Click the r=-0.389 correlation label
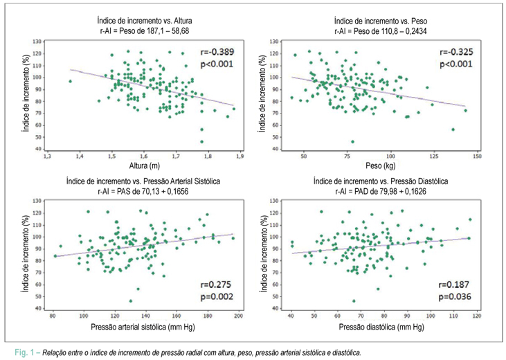pyautogui.click(x=217, y=52)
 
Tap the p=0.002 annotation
pyautogui.click(x=217, y=296)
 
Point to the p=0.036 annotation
pyautogui.click(x=455, y=296)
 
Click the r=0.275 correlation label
pyautogui.click(x=216, y=285)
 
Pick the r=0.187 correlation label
pyautogui.click(x=453, y=285)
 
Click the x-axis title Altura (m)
pyautogui.click(x=145, y=165)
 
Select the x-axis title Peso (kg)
pyautogui.click(x=381, y=165)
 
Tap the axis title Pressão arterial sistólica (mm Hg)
pyautogui.click(x=143, y=327)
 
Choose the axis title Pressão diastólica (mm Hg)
pyautogui.click(x=381, y=327)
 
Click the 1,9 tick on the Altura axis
pyautogui.click(x=240, y=156)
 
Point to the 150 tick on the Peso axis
pyautogui.click(x=477, y=156)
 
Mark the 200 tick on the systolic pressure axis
pyautogui.click(x=238, y=316)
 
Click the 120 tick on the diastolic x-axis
pyautogui.click(x=476, y=316)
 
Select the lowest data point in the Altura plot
pyautogui.click(x=202, y=142)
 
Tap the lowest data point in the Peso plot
pyautogui.click(x=353, y=142)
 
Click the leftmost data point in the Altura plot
pyautogui.click(x=71, y=82)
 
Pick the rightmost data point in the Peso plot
pyautogui.click(x=466, y=110)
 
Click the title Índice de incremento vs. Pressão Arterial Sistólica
pyautogui.click(x=143, y=181)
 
